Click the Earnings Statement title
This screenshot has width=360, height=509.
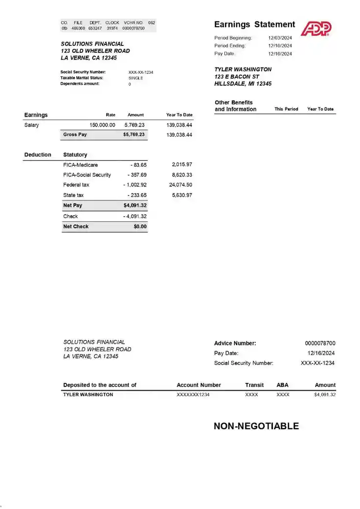(254, 24)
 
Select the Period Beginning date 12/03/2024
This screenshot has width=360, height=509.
(280, 38)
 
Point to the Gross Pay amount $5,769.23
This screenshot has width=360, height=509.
(134, 134)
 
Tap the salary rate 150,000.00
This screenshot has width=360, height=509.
(102, 125)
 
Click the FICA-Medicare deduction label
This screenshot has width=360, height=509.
(80, 165)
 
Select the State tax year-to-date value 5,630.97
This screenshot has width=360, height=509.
(182, 195)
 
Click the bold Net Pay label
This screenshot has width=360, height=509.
(73, 206)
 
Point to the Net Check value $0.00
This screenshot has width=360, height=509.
(140, 226)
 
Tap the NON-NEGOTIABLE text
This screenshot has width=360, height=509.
(256, 426)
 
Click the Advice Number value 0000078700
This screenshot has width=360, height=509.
(320, 343)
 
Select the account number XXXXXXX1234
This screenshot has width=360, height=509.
(193, 395)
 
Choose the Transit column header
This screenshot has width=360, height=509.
(254, 385)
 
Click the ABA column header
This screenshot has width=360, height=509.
(283, 385)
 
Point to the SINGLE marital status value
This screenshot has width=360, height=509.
(136, 78)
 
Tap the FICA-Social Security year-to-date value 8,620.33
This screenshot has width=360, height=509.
(182, 175)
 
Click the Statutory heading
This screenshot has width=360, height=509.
(75, 155)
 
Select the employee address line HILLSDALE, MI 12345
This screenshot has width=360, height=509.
(243, 84)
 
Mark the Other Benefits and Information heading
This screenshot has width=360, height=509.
(235, 106)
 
